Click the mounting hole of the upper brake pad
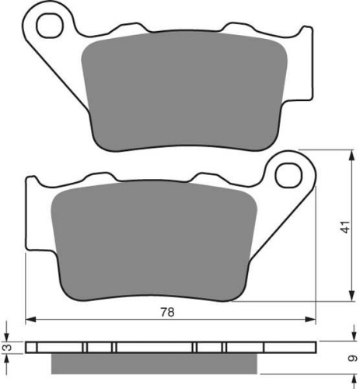pyautogui.click(x=50, y=26)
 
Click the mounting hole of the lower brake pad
pyautogui.click(x=288, y=176)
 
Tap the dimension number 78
pyautogui.click(x=167, y=312)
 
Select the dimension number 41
pyautogui.click(x=345, y=227)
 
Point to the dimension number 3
pyautogui.click(x=9, y=347)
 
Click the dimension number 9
pyautogui.click(x=352, y=359)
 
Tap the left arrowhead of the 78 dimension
pyautogui.click(x=30, y=320)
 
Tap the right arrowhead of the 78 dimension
pyautogui.click(x=310, y=320)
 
